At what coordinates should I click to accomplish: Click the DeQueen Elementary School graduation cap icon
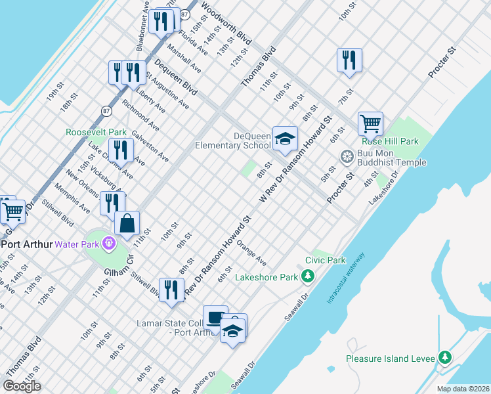coord(285,139)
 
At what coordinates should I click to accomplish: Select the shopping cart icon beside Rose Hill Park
coord(370,123)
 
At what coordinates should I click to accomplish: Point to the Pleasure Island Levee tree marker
coord(446,357)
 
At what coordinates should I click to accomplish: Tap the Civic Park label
coord(330,260)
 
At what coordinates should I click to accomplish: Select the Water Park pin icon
coord(109,244)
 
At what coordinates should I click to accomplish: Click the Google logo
coord(22,385)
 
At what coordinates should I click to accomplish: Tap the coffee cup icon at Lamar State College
coord(215,318)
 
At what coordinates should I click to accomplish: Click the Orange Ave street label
coord(251,252)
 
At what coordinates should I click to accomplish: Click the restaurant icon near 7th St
coord(349,60)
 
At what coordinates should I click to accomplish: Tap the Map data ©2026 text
coord(463,389)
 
